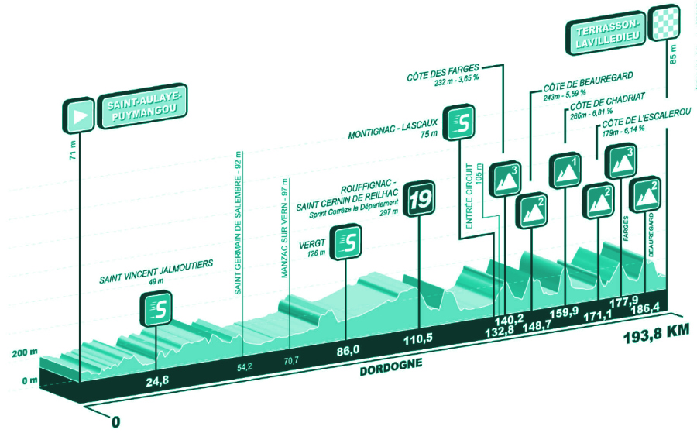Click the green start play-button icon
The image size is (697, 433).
pyautogui.click(x=79, y=115)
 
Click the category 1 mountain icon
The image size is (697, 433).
pyautogui.click(x=565, y=171)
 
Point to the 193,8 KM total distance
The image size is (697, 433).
pyautogui.click(x=654, y=335)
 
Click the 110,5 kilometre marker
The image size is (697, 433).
pyautogui.click(x=418, y=340)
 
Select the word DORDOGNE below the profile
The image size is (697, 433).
pyautogui.click(x=390, y=370)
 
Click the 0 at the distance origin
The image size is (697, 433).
pyautogui.click(x=116, y=422)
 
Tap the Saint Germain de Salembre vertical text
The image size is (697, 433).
pyautogui.click(x=238, y=225)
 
